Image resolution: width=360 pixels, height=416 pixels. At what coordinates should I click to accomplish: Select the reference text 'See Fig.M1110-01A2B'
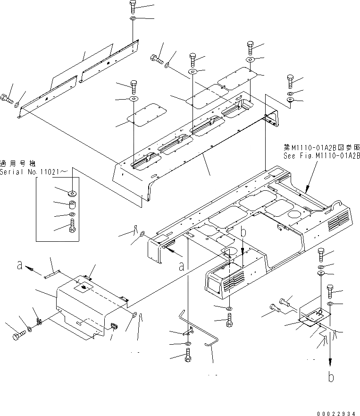coord(321,155)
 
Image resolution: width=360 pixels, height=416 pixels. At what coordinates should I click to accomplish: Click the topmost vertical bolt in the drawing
coord(133,7)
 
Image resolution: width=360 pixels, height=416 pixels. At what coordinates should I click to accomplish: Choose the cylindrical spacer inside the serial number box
coord(73,206)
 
